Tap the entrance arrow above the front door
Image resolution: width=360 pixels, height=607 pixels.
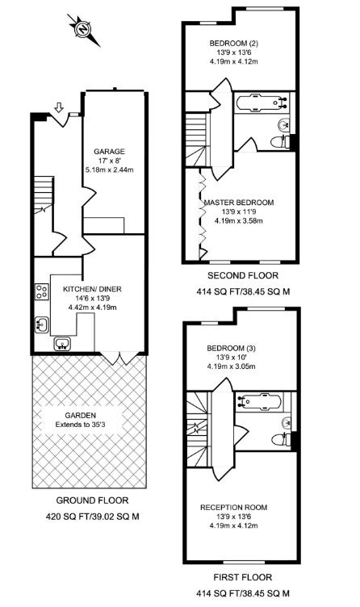click(x=59, y=107)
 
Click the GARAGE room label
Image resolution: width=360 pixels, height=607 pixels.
click(x=110, y=152)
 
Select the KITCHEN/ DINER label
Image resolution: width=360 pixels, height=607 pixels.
click(x=92, y=289)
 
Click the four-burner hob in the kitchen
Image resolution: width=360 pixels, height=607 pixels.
click(x=42, y=292)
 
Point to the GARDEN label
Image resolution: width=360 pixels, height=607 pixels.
click(x=80, y=416)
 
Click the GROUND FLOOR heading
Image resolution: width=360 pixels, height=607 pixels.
click(x=92, y=500)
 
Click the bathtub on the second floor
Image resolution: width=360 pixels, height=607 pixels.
click(x=262, y=103)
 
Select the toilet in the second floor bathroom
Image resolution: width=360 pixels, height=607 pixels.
click(x=280, y=142)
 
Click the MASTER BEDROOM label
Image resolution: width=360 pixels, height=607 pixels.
click(x=239, y=203)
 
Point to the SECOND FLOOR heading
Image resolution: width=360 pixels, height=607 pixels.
click(x=243, y=275)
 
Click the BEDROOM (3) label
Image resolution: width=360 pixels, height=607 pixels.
click(x=231, y=349)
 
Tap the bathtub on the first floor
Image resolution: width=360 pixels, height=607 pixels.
click(x=262, y=401)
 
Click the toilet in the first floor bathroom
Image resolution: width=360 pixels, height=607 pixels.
click(x=281, y=440)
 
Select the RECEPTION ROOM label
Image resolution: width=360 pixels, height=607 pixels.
click(x=234, y=507)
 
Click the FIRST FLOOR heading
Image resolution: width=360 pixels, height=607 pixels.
click(x=243, y=577)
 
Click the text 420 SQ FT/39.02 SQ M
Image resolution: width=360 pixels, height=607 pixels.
click(x=93, y=516)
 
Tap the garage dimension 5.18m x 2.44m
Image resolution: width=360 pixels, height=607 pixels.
click(x=109, y=170)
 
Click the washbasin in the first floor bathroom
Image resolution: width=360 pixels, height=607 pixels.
click(x=287, y=423)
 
